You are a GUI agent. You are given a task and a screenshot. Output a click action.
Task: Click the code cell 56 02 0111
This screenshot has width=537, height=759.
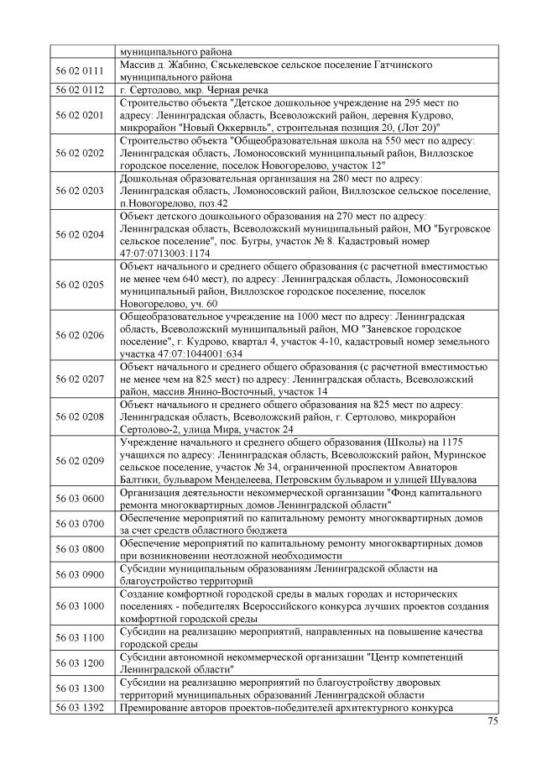(81, 71)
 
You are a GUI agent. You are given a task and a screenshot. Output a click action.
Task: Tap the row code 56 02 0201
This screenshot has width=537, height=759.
(81, 114)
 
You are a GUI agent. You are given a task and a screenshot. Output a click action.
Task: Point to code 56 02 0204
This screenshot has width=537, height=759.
(81, 234)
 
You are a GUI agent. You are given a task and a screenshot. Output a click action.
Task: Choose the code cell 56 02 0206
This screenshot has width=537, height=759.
(81, 335)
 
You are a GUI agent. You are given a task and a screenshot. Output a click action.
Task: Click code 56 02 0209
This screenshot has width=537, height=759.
(81, 460)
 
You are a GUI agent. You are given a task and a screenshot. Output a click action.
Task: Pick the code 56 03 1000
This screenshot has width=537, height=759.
(81, 605)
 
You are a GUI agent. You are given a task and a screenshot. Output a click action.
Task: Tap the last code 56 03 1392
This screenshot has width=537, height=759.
(81, 708)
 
